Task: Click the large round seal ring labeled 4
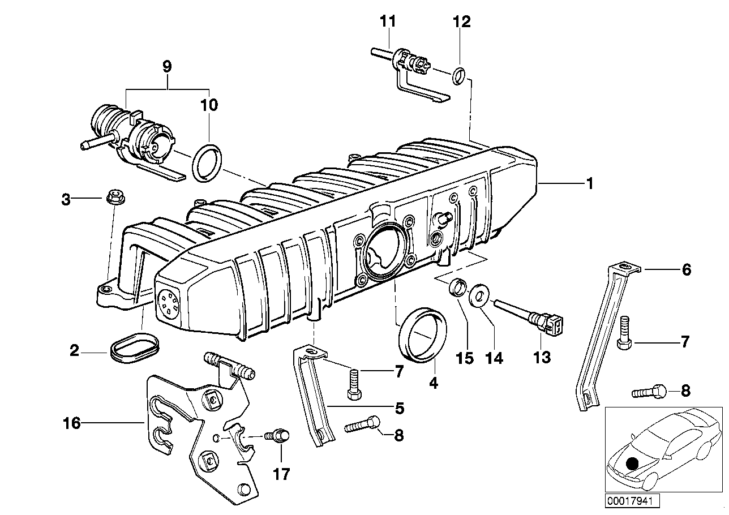423,333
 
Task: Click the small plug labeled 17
279,436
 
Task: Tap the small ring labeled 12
460,74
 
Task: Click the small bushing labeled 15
458,286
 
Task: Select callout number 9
167,67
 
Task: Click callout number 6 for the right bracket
686,271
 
